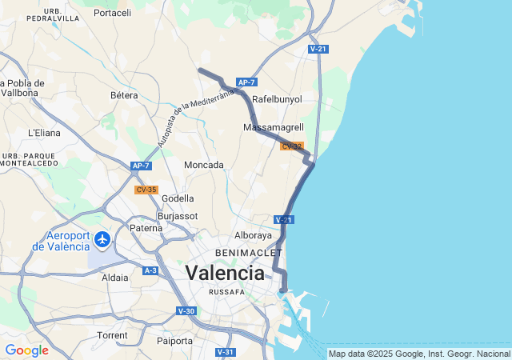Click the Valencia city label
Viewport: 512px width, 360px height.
point(225,274)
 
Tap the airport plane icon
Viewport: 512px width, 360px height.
point(102,239)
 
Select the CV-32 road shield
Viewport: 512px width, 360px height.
point(291,146)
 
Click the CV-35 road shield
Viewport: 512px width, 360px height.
point(146,190)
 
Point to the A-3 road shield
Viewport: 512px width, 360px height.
point(150,271)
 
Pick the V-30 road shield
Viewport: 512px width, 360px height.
point(186,310)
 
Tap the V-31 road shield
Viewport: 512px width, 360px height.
point(226,352)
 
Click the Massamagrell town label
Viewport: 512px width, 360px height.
point(273,127)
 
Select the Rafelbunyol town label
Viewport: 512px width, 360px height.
point(277,99)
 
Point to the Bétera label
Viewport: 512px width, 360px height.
point(124,95)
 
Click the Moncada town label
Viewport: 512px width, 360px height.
point(204,165)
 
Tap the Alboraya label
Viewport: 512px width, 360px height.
point(254,236)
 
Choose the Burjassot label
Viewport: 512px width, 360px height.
point(176,216)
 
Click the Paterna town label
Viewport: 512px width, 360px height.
point(146,228)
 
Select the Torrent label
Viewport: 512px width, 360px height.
point(111,335)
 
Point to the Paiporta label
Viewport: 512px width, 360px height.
point(174,341)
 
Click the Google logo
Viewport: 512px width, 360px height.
point(26,350)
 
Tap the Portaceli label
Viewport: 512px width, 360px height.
point(112,13)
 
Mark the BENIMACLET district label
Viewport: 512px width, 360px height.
point(244,253)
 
